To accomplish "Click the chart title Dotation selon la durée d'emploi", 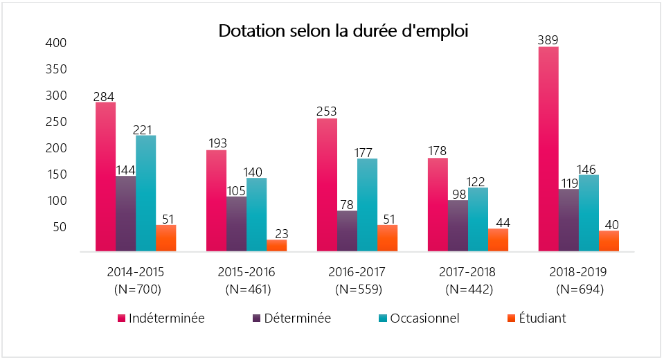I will pyautogui.click(x=343, y=31).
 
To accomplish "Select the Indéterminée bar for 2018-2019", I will pyautogui.click(x=548, y=149).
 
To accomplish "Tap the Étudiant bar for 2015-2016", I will pyautogui.click(x=276, y=245).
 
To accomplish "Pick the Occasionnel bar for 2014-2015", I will pyautogui.click(x=145, y=193).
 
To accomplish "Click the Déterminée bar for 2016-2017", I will pyautogui.click(x=347, y=231).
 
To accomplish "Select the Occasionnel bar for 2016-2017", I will pyautogui.click(x=367, y=205).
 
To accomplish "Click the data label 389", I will pyautogui.click(x=548, y=40).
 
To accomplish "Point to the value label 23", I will pyautogui.click(x=276, y=233).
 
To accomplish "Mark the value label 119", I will pyautogui.click(x=568, y=183).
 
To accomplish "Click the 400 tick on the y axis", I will pyautogui.click(x=56, y=43).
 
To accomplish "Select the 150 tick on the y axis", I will pyautogui.click(x=56, y=174).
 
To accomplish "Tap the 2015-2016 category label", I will pyautogui.click(x=247, y=271).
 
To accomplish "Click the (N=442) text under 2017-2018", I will pyautogui.click(x=469, y=289).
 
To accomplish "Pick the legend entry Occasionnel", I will pyautogui.click(x=424, y=318).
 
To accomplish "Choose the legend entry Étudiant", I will pyautogui.click(x=543, y=318).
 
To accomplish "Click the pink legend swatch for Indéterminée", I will pyautogui.click(x=122, y=318).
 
